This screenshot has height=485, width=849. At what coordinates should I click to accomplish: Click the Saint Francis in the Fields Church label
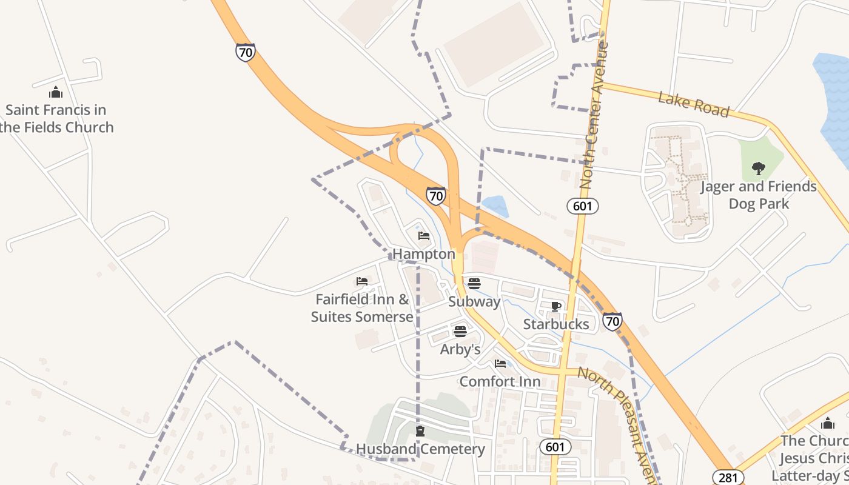click(x=56, y=119)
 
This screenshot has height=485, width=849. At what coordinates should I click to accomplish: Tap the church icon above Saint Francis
click(x=56, y=93)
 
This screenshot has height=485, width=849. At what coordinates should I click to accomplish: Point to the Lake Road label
click(x=693, y=104)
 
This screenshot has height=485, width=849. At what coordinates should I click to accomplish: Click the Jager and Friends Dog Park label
click(x=759, y=195)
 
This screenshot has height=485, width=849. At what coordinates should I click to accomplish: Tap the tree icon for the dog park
click(x=758, y=169)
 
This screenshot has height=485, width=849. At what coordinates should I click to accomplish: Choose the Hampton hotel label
click(x=424, y=254)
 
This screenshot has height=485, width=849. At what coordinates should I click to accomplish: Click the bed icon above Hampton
click(x=424, y=235)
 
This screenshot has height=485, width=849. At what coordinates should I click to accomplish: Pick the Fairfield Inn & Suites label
click(x=362, y=308)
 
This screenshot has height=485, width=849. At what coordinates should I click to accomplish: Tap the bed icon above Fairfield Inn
click(x=362, y=281)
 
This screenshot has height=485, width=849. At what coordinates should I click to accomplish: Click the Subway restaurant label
click(x=474, y=301)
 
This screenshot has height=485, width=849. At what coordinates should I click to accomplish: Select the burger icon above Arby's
click(x=460, y=331)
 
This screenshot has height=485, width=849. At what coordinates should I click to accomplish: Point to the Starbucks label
click(x=556, y=324)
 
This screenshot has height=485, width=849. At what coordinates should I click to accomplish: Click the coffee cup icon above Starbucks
click(x=556, y=306)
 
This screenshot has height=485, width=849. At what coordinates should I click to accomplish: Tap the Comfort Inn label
click(x=500, y=382)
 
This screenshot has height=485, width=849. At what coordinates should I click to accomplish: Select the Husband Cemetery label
click(x=420, y=449)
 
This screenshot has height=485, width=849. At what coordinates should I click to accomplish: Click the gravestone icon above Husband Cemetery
click(x=420, y=431)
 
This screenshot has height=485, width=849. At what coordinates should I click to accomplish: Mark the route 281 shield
click(x=728, y=477)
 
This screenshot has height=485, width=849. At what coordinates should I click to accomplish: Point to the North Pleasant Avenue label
click(x=619, y=418)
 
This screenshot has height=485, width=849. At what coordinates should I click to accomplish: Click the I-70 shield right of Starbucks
click(x=612, y=321)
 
